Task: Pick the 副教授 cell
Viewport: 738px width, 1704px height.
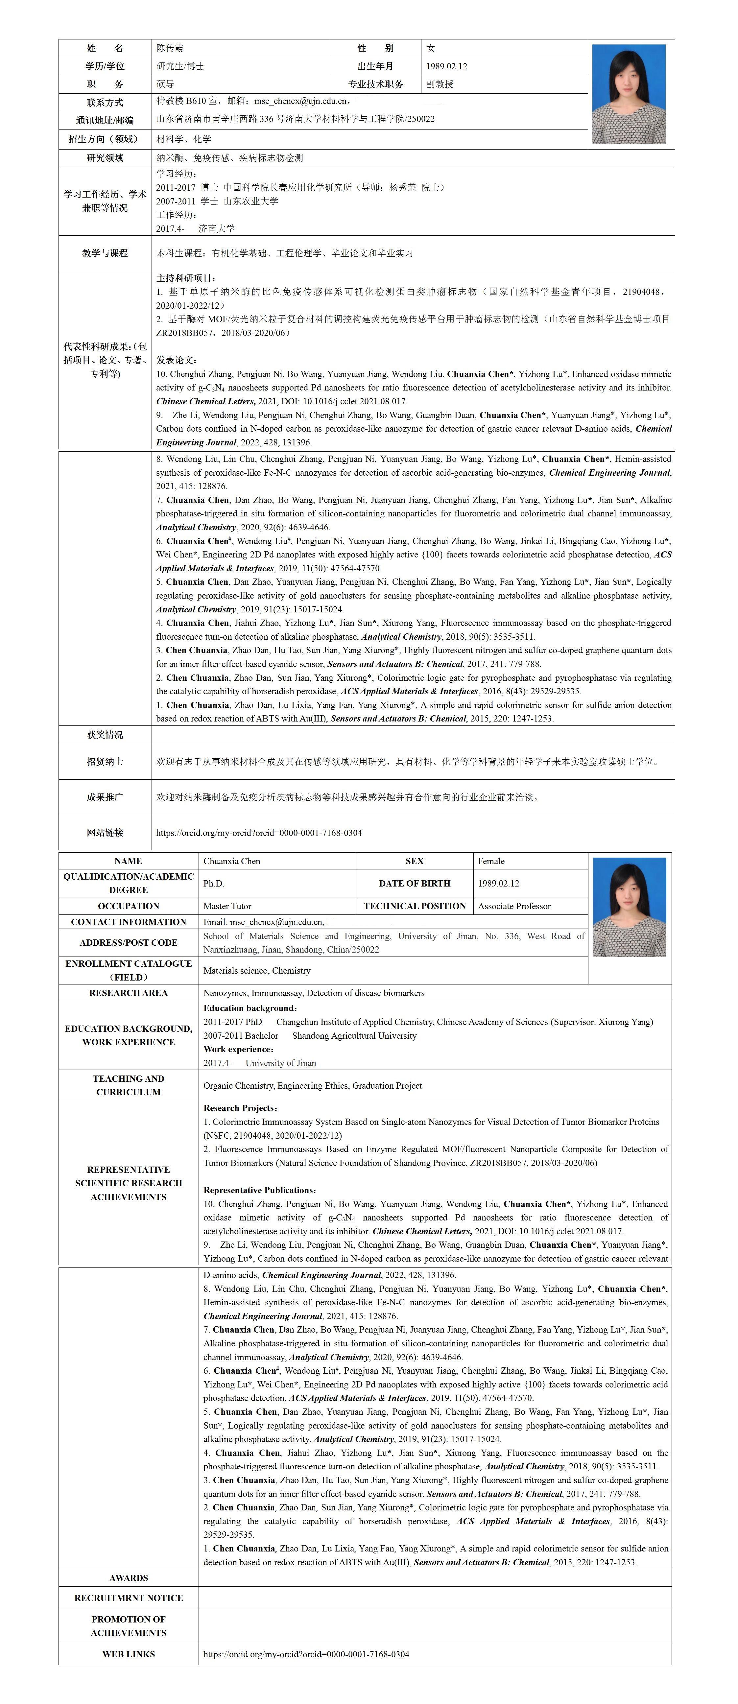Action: pyautogui.click(x=440, y=84)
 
